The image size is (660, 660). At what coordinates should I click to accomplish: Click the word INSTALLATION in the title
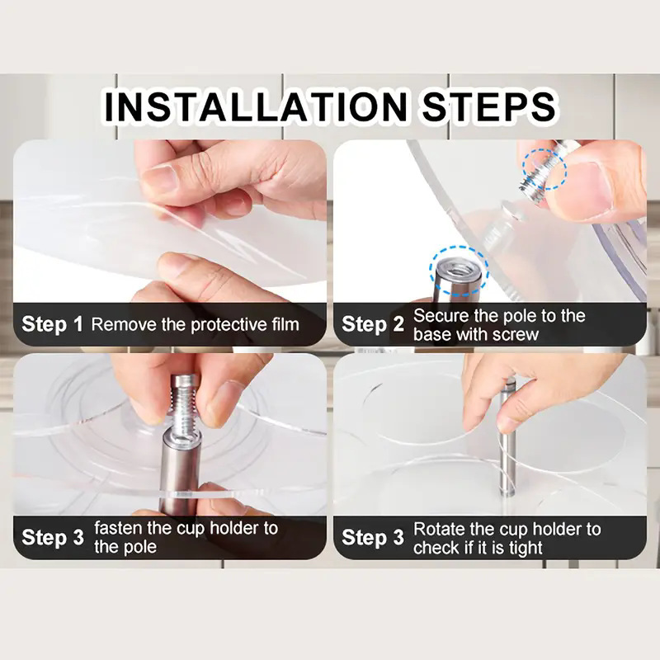(x=256, y=106)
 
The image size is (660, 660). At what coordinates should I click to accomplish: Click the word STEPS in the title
(x=488, y=106)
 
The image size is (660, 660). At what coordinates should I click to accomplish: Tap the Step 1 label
(x=52, y=324)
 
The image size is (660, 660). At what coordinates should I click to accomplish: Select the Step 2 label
(x=373, y=324)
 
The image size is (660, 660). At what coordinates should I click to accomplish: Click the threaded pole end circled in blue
(x=458, y=277)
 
